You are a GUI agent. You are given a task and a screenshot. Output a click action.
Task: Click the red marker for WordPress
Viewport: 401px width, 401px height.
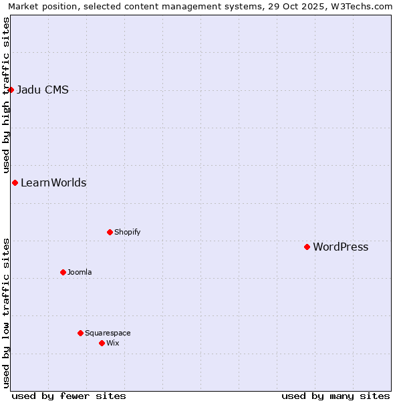(307, 247)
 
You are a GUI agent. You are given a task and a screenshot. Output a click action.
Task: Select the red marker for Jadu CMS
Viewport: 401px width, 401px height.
(11, 90)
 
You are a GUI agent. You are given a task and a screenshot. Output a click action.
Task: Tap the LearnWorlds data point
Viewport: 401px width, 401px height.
(15, 182)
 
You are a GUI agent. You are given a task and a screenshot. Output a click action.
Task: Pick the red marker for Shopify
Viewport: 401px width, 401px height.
(110, 232)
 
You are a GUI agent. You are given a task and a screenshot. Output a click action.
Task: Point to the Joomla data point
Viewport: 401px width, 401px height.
(63, 272)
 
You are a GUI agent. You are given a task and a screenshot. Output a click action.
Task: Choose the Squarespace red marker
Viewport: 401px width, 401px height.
(80, 333)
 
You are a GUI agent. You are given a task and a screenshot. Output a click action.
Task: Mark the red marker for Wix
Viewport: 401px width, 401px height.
(102, 343)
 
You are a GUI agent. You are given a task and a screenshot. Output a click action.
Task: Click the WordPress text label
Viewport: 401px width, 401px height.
(340, 247)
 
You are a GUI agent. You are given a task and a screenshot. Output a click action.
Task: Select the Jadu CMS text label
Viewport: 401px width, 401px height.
(42, 90)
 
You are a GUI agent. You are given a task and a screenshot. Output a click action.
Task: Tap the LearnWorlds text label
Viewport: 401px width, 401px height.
(53, 183)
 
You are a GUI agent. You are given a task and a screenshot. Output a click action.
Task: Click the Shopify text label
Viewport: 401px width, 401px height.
(127, 233)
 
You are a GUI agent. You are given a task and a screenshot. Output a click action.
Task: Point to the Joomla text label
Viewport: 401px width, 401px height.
(80, 273)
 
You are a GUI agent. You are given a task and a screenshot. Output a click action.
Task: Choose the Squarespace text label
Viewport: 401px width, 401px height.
(108, 333)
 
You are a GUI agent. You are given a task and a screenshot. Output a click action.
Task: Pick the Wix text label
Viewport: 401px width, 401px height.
(112, 344)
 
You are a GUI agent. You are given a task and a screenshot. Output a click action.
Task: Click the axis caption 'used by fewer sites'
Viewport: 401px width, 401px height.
(69, 396)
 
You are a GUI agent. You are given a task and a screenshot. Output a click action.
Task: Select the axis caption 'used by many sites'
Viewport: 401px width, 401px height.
(336, 396)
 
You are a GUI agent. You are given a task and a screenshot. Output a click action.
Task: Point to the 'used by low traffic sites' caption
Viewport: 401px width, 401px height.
(6, 313)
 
